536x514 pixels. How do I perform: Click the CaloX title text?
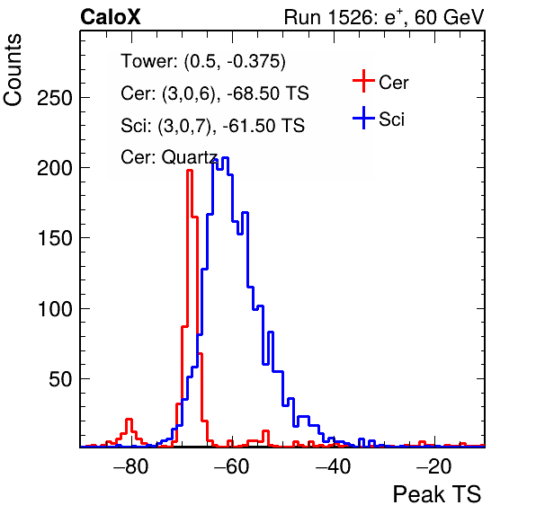click(x=111, y=17)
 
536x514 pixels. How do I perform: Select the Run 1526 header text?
click(x=384, y=17)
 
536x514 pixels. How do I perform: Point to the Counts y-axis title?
click(x=13, y=70)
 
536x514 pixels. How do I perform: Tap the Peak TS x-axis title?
click(x=437, y=494)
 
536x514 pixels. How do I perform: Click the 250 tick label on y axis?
click(x=55, y=99)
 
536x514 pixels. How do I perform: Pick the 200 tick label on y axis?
click(x=55, y=168)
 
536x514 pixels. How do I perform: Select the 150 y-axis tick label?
click(x=55, y=238)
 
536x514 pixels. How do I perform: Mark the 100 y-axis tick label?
click(x=55, y=309)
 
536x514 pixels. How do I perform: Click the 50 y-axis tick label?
click(x=60, y=379)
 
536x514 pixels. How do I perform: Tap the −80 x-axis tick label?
click(x=131, y=466)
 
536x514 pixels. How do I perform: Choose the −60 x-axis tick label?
click(x=232, y=466)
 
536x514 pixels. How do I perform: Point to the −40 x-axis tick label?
click(x=333, y=466)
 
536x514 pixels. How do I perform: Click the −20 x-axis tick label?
click(x=434, y=466)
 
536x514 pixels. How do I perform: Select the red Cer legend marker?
click(x=363, y=81)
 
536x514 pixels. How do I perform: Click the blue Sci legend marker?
click(x=363, y=118)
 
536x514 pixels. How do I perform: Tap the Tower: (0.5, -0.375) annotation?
click(x=203, y=61)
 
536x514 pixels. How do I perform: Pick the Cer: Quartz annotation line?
click(x=169, y=157)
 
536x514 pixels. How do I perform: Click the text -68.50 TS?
click(x=268, y=93)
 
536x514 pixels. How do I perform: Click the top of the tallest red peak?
click(x=190, y=170)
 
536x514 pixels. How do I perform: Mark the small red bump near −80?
click(x=129, y=420)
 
